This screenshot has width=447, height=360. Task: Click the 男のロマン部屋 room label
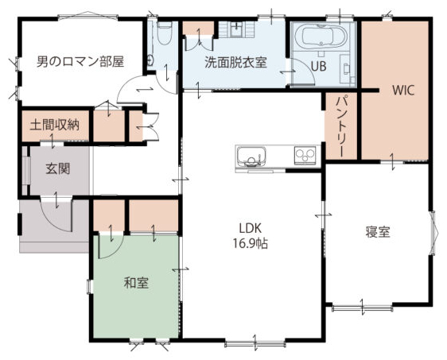80,61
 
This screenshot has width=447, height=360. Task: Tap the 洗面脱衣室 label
235,62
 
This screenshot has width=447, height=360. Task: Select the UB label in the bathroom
318,67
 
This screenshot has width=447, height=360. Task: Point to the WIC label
403,91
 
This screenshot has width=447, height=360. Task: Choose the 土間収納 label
55,125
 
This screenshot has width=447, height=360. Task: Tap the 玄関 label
58,169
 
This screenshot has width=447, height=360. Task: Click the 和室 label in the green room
136,283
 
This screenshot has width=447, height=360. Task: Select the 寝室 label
378,232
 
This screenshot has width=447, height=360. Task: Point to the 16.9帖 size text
251,243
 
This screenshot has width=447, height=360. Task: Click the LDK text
251,228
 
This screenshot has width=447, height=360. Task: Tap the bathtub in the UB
321,36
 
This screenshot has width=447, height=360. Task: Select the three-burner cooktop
305,156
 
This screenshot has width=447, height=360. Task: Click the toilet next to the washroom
165,33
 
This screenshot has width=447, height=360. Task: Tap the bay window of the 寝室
433,232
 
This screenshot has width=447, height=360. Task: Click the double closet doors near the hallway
151,126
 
